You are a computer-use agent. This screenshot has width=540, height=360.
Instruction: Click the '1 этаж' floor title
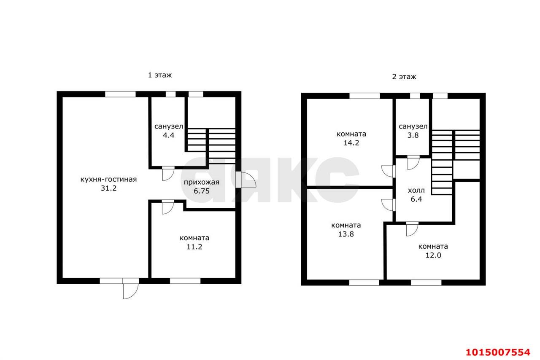(159, 75)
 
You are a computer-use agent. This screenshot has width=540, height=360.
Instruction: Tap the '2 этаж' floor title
(404, 77)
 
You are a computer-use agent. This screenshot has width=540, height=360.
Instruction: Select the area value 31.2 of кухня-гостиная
(108, 188)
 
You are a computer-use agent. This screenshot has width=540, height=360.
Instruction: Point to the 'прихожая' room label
(202, 183)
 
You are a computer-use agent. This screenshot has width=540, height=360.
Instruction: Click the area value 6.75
(202, 191)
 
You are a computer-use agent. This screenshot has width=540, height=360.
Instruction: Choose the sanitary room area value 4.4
(168, 135)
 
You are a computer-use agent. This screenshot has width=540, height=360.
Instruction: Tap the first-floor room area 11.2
(194, 247)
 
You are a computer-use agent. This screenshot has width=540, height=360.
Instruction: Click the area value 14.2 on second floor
(351, 143)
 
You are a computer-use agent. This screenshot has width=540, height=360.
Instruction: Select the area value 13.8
(346, 234)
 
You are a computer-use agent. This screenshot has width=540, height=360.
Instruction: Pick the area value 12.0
(433, 255)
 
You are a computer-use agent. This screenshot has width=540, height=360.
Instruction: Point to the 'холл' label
(416, 191)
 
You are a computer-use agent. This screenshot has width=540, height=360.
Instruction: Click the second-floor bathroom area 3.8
(413, 135)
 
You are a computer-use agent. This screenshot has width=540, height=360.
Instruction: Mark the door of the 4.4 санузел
(168, 173)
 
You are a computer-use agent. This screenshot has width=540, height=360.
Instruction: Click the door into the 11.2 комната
(168, 207)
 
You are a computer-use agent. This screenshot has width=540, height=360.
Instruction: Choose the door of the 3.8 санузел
(413, 163)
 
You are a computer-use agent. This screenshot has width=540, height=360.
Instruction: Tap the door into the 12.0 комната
(412, 229)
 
